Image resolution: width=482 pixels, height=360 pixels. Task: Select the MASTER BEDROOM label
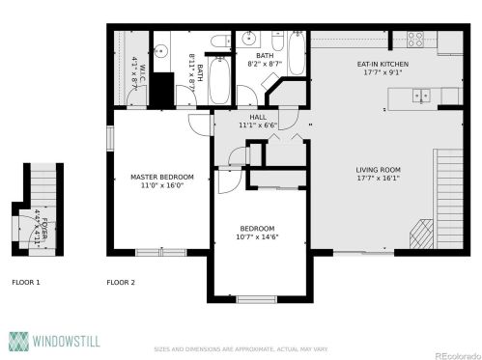162,177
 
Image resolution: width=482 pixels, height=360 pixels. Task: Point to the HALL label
258,117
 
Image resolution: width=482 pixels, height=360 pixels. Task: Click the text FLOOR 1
25,283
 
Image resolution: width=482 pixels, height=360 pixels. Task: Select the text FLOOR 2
121,283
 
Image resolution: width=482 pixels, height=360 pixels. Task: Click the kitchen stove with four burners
417,40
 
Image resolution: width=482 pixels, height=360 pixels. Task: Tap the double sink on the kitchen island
420,95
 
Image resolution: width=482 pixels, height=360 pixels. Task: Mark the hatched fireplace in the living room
421,234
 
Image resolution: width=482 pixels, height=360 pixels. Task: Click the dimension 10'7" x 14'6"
258,236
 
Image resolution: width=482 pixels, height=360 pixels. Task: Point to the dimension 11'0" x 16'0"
162,185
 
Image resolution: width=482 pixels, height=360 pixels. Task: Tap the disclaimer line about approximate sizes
241,349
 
